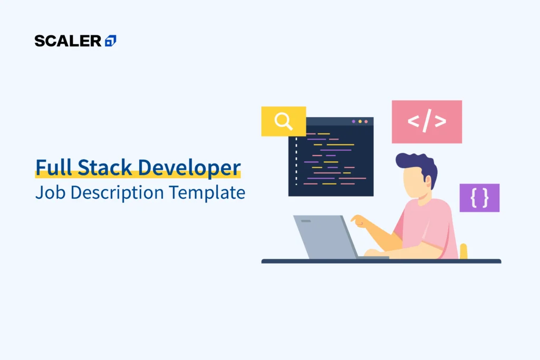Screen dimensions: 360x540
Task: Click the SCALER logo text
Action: [x=68, y=41]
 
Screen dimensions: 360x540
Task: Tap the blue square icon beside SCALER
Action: [x=111, y=41]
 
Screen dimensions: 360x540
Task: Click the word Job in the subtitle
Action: [x=50, y=193]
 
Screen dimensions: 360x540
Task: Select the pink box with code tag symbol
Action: [x=427, y=122]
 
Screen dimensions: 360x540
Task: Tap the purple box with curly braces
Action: [x=479, y=198]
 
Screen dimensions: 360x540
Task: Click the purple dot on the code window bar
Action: [x=354, y=122]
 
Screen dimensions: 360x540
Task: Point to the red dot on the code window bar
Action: [x=367, y=122]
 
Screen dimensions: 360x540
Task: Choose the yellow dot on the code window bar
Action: [x=360, y=122]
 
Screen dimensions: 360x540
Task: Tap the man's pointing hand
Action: [x=359, y=221]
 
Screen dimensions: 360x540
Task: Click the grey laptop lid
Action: [x=322, y=237]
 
